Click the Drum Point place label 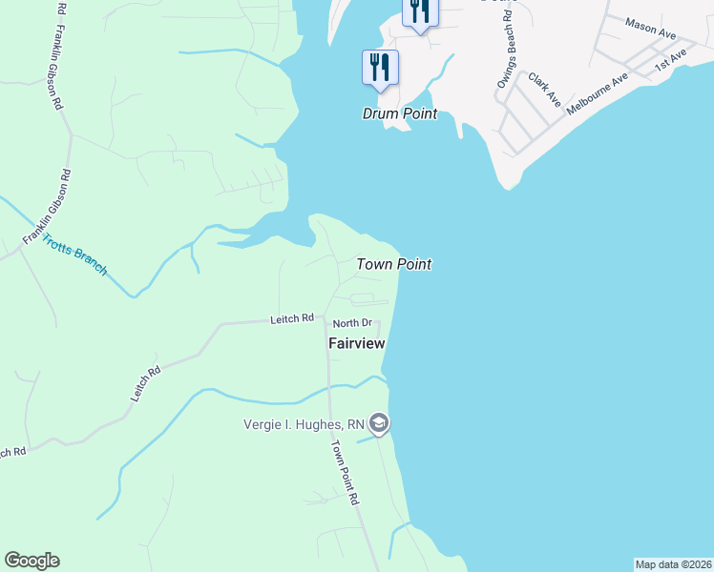399,113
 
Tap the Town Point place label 394,264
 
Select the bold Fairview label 356,343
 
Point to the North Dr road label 351,324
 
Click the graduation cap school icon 379,423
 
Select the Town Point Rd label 345,473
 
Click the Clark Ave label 544,92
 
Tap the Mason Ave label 651,27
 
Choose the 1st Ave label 670,61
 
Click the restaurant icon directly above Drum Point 380,67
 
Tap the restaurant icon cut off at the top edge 419,12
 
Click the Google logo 31,561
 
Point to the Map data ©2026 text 673,564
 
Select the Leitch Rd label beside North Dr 292,318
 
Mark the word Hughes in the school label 331,424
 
